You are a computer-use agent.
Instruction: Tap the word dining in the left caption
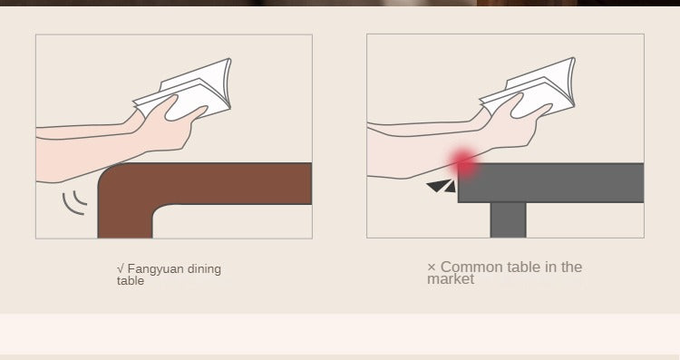205,269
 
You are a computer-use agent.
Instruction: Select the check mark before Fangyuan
121,269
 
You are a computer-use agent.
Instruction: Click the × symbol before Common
432,268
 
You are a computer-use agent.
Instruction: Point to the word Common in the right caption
472,267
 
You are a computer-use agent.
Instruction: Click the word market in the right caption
451,279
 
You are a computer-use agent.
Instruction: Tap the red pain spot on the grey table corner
463,163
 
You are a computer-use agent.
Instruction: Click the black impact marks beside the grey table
442,187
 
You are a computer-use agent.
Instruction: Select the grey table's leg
509,220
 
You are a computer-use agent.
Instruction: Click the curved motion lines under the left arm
75,203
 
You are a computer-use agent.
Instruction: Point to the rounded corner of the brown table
109,173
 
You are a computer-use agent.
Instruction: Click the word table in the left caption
130,281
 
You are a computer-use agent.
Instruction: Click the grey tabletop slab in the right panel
550,182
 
